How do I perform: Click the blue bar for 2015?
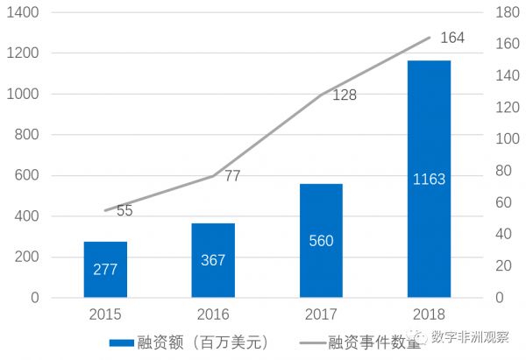[x=105, y=269]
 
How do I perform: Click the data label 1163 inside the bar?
[x=429, y=180]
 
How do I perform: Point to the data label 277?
[x=105, y=269]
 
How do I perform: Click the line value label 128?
[x=344, y=95]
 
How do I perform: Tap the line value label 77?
[x=232, y=176]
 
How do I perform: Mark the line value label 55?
[x=124, y=211]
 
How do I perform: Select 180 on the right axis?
[x=506, y=13]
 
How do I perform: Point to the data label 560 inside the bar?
[x=321, y=241]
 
